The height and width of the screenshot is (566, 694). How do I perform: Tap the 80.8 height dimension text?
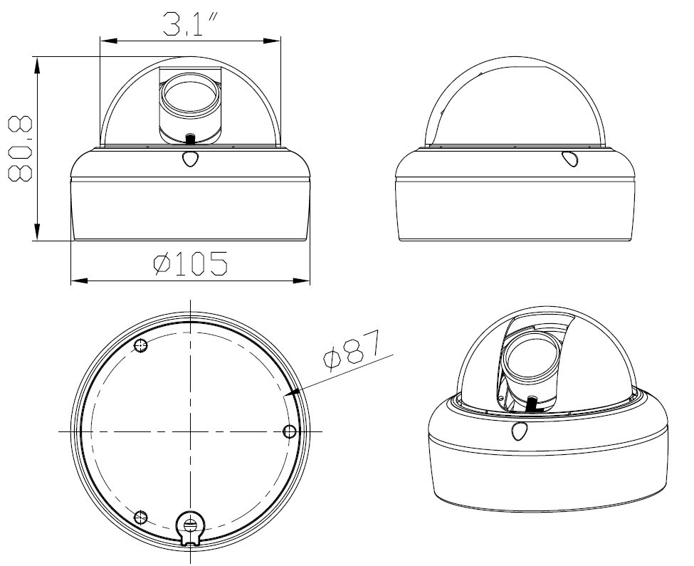[x=21, y=149]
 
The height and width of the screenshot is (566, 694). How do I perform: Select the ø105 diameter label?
[x=190, y=263]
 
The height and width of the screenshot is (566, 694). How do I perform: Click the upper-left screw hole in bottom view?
[x=141, y=345]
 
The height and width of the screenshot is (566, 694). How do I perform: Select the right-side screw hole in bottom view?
[x=290, y=431]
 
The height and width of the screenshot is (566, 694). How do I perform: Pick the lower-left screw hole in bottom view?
[x=141, y=516]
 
